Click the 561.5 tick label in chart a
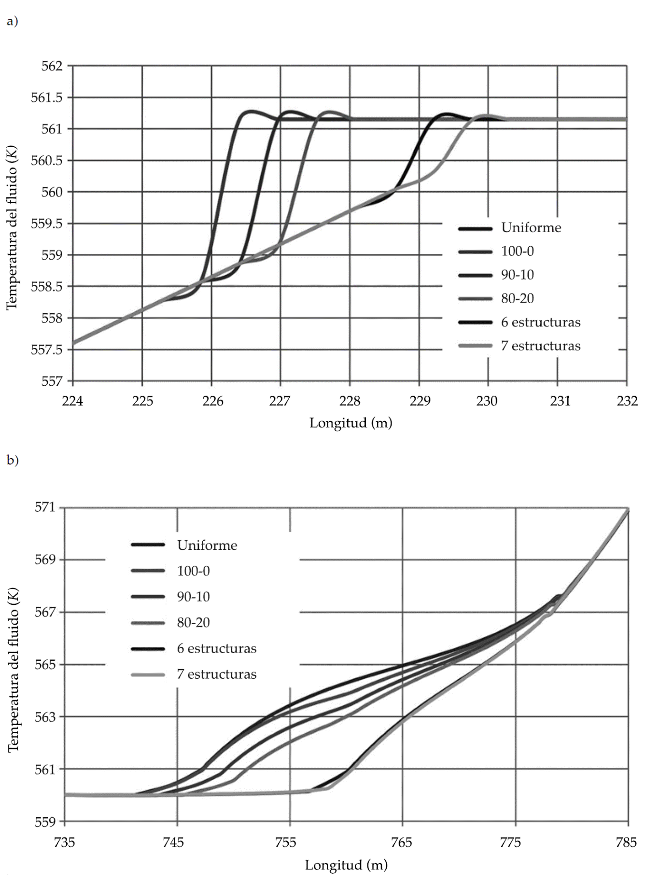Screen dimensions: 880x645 [47, 98]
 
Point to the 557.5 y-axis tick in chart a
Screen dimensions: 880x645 [47, 349]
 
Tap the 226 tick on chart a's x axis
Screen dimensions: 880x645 [212, 401]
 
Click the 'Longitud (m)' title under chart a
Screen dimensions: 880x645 [351, 423]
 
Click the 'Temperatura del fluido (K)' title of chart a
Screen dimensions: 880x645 [12, 227]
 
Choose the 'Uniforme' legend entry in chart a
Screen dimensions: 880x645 [531, 228]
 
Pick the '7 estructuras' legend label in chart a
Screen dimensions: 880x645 [541, 346]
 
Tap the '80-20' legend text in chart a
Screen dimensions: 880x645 [518, 299]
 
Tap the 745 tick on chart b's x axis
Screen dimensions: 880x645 [173, 842]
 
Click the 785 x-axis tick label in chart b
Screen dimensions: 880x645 [626, 842]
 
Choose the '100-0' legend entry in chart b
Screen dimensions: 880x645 [193, 571]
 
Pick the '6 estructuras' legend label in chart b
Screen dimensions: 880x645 [217, 648]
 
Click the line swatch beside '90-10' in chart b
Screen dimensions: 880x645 [148, 597]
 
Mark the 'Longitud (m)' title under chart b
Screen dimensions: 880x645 [346, 865]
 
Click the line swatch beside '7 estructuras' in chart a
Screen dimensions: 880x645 [476, 346]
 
